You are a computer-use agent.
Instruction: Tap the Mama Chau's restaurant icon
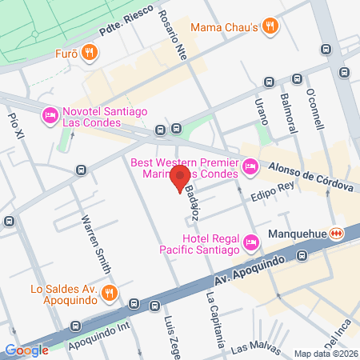pyautogui.click(x=270, y=26)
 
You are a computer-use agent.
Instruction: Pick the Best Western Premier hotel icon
pyautogui.click(x=250, y=166)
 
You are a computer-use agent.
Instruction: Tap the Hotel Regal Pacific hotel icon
pyautogui.click(x=253, y=242)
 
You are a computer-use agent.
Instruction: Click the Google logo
pyautogui.click(x=26, y=350)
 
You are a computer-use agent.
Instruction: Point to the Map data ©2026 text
pyautogui.click(x=326, y=353)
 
